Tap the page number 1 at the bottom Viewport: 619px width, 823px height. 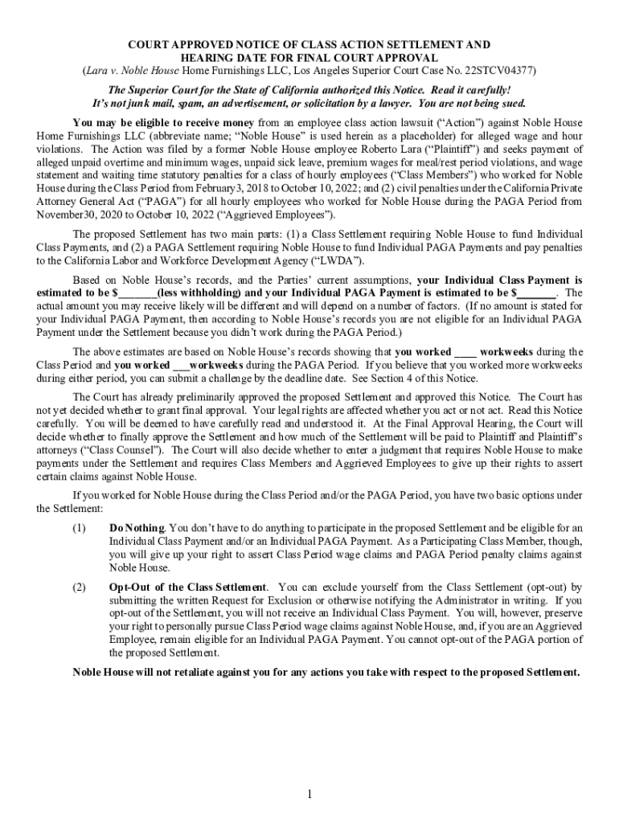[x=309, y=795]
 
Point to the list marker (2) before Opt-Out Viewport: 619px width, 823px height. [x=79, y=588]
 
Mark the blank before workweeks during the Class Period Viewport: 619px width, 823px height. [x=465, y=352]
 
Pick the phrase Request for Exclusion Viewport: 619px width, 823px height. [x=236, y=600]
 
